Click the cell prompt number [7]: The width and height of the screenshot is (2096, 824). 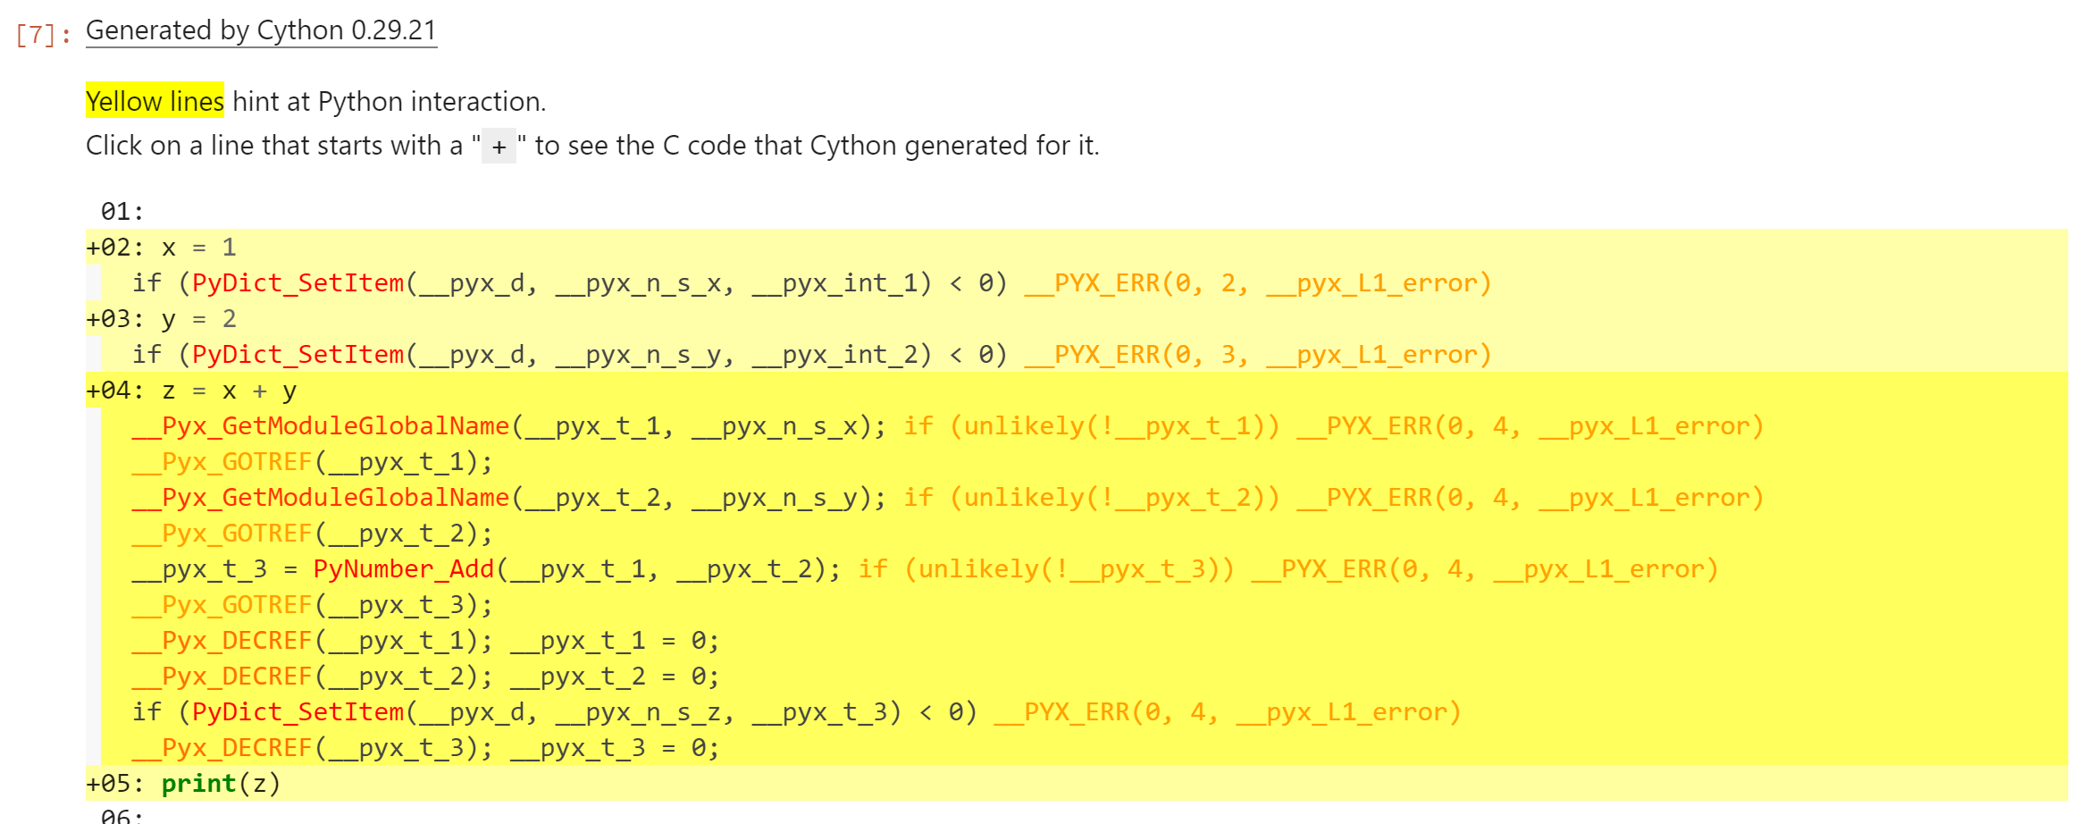pyautogui.click(x=43, y=35)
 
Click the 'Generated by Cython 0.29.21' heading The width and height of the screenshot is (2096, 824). pyautogui.click(x=261, y=30)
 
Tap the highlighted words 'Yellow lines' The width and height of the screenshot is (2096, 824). pyautogui.click(x=155, y=102)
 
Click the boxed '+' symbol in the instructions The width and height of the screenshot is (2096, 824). pyautogui.click(x=499, y=147)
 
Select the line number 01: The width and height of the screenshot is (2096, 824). pyautogui.click(x=122, y=212)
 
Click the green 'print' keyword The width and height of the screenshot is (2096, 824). pyautogui.click(x=198, y=784)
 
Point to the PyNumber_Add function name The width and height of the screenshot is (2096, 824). pyautogui.click(x=404, y=569)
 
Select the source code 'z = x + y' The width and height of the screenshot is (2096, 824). pyautogui.click(x=229, y=391)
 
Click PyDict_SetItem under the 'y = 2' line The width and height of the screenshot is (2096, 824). pyautogui.click(x=298, y=355)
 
